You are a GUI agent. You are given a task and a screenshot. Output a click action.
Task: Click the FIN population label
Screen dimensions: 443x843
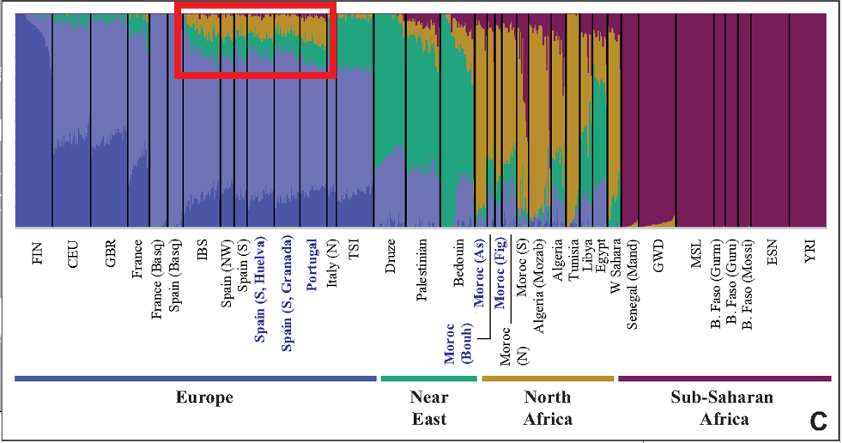click(x=37, y=255)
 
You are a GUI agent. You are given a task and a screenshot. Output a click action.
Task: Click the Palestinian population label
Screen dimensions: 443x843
click(x=421, y=270)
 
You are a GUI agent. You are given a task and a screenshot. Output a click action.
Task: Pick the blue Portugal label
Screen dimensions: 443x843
click(x=312, y=264)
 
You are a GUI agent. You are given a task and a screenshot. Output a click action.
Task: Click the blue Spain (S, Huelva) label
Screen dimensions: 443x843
click(x=260, y=288)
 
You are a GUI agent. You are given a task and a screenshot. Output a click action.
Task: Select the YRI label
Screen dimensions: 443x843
click(x=810, y=254)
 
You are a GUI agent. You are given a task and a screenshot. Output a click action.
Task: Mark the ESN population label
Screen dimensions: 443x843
click(x=773, y=255)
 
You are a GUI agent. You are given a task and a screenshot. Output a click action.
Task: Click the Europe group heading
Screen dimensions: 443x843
click(x=204, y=397)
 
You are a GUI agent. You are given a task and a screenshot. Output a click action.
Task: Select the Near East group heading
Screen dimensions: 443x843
click(x=428, y=408)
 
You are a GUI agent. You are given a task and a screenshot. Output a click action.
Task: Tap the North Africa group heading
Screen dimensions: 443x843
click(x=548, y=408)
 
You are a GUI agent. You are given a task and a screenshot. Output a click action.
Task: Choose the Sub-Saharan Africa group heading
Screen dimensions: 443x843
click(x=723, y=408)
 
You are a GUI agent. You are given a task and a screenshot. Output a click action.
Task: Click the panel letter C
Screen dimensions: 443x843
click(x=817, y=421)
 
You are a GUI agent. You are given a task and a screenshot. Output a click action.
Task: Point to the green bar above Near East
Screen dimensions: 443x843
click(x=428, y=378)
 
